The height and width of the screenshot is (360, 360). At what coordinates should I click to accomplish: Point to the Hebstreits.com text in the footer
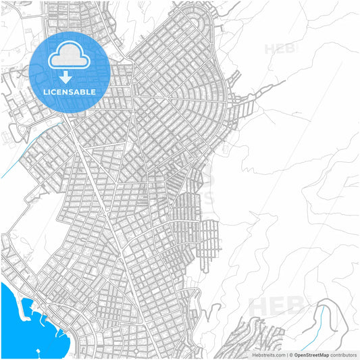(x=269, y=355)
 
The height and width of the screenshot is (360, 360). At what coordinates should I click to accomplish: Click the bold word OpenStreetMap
(x=311, y=355)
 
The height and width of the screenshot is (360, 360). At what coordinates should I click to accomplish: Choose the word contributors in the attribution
(x=343, y=355)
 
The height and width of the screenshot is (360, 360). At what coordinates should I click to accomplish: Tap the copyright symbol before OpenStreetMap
(x=290, y=355)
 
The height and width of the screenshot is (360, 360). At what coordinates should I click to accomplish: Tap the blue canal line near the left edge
(x=20, y=159)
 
